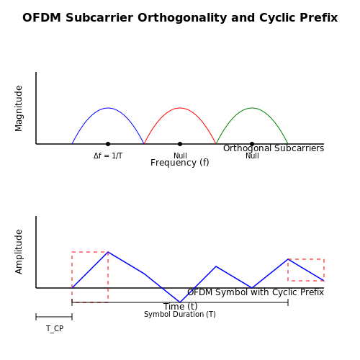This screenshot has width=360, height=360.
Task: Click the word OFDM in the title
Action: tap(42, 18)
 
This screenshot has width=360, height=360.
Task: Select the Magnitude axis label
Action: tap(19, 108)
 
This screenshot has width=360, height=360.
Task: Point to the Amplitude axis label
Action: tap(19, 251)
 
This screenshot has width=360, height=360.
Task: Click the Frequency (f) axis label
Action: tap(180, 163)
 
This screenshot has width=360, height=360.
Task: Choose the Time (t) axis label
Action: tap(180, 307)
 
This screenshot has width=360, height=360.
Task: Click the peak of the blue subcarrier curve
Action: tap(108, 108)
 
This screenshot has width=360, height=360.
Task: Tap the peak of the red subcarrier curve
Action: tap(180, 108)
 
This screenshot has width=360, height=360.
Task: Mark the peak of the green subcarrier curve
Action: tap(252, 108)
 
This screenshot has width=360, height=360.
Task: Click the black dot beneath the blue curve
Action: tap(108, 144)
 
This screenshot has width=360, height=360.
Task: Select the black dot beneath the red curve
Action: tap(180, 144)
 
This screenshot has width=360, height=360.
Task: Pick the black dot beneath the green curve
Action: tap(252, 144)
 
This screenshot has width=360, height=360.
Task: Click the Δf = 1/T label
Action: tap(108, 156)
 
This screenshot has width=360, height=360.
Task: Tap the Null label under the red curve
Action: tap(180, 156)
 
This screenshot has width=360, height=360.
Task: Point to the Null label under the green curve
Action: tap(252, 156)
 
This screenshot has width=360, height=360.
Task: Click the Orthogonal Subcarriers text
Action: tap(274, 148)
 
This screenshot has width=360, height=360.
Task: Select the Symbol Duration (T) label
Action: tap(180, 315)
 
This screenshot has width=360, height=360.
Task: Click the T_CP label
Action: tap(55, 328)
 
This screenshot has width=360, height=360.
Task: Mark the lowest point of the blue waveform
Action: tap(180, 302)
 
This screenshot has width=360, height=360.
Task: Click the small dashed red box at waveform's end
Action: tap(306, 259)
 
